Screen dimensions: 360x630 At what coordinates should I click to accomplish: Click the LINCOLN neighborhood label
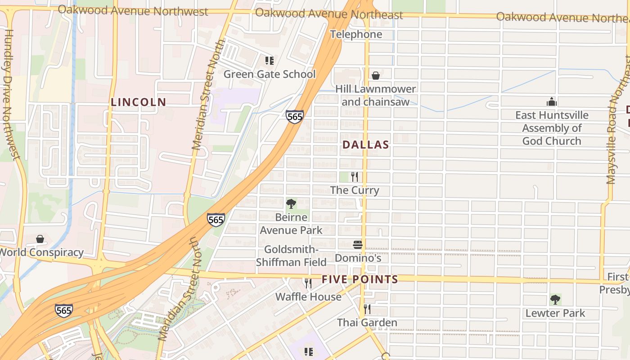(139, 102)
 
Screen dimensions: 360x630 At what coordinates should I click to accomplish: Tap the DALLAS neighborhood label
(365, 145)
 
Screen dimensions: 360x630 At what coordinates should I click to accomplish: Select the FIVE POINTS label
(360, 279)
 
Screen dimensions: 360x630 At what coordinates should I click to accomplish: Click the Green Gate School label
(270, 74)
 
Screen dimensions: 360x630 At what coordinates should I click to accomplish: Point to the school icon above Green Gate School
(270, 61)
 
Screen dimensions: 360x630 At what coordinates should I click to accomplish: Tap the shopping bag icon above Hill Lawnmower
(376, 76)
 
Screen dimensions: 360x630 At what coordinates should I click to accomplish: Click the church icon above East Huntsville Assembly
(552, 102)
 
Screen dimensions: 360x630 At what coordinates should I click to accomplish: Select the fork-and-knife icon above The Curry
(355, 177)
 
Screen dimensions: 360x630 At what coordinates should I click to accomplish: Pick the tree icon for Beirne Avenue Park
(291, 204)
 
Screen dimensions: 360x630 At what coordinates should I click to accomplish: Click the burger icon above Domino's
(358, 245)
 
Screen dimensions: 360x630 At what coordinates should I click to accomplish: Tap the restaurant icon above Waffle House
(308, 283)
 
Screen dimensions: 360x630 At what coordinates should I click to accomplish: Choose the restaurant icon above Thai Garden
(367, 309)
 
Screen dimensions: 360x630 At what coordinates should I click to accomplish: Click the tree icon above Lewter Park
(555, 300)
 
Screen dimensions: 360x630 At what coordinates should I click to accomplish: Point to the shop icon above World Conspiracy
(40, 239)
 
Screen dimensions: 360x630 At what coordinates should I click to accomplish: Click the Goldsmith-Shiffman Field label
(291, 256)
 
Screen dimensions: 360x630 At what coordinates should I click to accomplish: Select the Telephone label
(356, 34)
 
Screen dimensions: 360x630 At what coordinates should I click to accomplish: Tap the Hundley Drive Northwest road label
(11, 94)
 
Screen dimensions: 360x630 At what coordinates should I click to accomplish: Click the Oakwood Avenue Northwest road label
(133, 11)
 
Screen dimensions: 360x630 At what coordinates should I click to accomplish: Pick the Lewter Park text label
(555, 313)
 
